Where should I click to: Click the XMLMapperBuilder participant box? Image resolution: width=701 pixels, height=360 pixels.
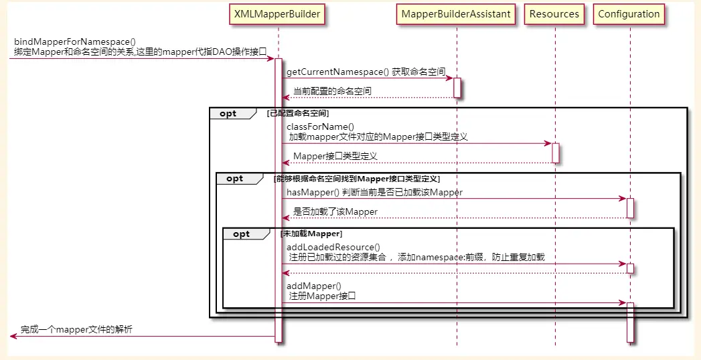277,13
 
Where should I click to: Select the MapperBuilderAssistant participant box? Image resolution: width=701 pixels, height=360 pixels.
456,13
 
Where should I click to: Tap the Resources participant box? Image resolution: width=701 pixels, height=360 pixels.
554,13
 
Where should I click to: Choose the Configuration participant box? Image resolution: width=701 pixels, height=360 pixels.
629,13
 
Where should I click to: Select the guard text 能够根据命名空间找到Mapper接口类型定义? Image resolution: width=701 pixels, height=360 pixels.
357,179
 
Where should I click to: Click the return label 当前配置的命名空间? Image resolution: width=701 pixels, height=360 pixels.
332,91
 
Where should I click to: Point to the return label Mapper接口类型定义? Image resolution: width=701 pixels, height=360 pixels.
335,156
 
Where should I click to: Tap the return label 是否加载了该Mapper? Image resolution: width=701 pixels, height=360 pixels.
335,211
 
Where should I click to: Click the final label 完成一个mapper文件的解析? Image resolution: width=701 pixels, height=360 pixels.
76,329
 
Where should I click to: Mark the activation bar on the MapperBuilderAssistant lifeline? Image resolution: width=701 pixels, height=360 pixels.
457,88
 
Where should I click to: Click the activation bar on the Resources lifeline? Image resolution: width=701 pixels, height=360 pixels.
555,153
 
